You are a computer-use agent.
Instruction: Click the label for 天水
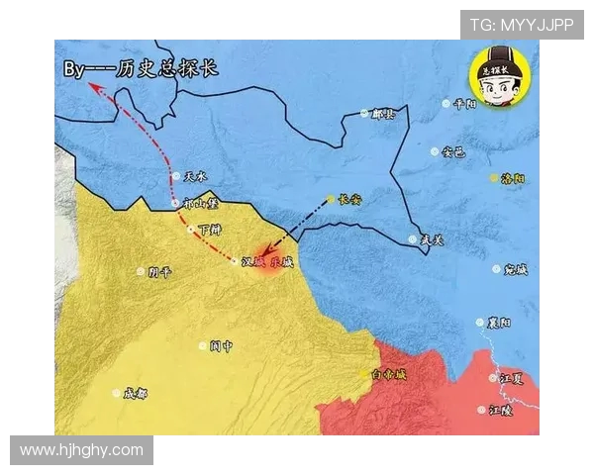(196, 177)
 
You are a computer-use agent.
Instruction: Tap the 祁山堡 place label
(199, 205)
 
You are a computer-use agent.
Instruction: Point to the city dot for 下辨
(191, 230)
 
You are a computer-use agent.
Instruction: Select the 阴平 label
(160, 271)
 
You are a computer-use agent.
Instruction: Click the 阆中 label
(221, 346)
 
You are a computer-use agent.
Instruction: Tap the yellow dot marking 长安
(331, 199)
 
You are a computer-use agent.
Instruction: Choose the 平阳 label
(464, 103)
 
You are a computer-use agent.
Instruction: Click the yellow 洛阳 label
(513, 178)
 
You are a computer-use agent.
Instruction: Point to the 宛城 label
(516, 269)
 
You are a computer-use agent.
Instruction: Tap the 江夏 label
(511, 377)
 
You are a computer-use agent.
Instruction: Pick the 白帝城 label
(388, 374)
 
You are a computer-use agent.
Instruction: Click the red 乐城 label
(281, 262)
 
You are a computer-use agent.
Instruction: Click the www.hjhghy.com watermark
(81, 450)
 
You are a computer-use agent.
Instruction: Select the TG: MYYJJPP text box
(521, 25)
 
